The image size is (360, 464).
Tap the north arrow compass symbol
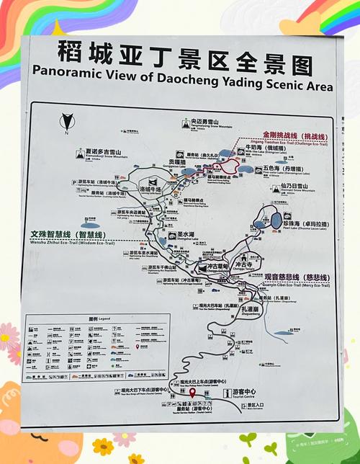(x=67, y=121)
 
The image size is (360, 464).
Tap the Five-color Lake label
(x=288, y=170)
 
